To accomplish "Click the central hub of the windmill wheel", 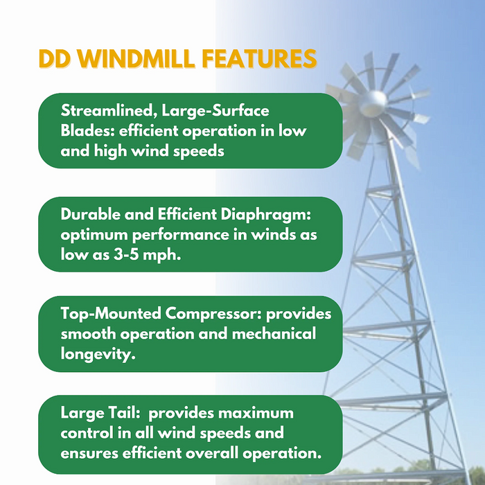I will (373, 100).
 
